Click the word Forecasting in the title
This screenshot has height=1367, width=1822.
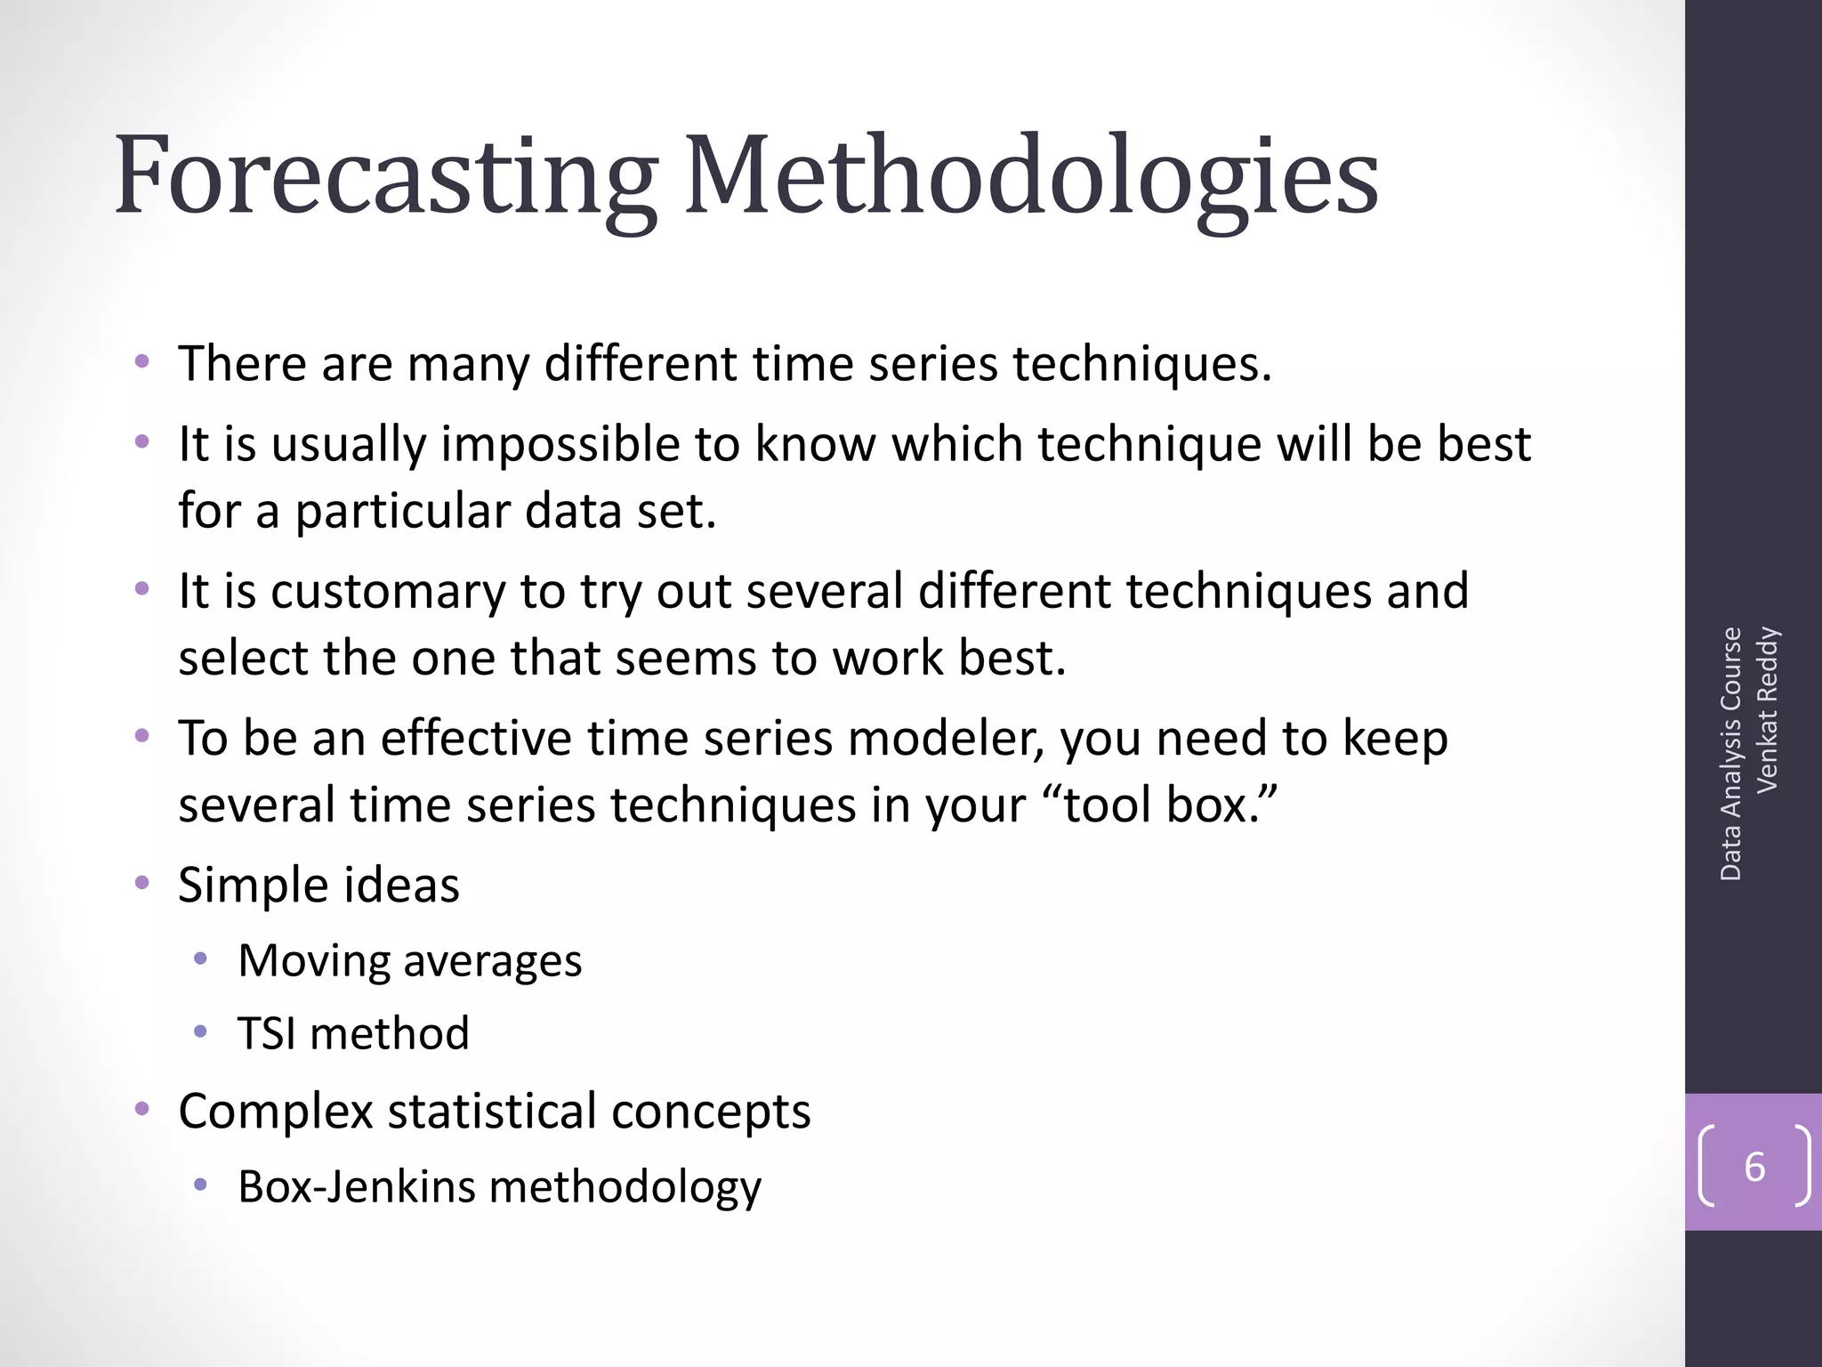click(384, 175)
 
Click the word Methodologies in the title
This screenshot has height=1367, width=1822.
click(1030, 175)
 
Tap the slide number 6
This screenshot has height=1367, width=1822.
click(1754, 1167)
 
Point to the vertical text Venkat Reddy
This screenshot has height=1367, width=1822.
click(1767, 709)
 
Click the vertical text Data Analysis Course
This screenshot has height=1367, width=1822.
click(1730, 754)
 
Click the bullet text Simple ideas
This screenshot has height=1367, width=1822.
click(318, 885)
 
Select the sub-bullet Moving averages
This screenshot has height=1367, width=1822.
click(409, 960)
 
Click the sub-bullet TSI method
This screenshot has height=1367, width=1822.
click(353, 1033)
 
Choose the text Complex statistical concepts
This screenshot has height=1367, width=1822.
click(494, 1111)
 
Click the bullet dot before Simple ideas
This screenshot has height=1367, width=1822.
click(141, 883)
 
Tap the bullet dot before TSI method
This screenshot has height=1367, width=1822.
click(201, 1032)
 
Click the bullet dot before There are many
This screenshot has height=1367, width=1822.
click(141, 361)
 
